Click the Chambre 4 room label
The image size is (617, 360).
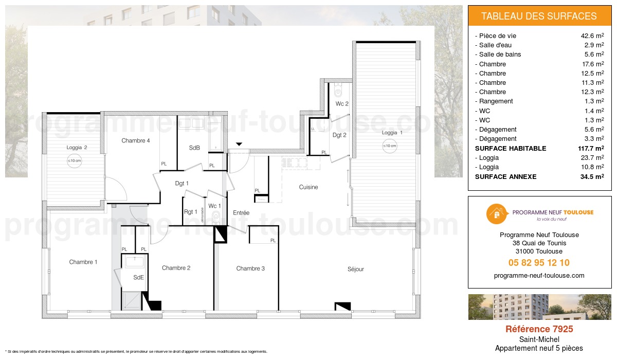tap(136, 140)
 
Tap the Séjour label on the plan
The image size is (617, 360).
tap(355, 269)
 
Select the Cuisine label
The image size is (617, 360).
tap(308, 187)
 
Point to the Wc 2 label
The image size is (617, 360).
tap(342, 104)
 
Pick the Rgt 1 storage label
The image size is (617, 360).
tap(190, 211)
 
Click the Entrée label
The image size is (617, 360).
tap(241, 212)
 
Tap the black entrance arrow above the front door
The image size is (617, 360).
tap(238, 145)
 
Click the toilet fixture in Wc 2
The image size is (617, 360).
tap(338, 92)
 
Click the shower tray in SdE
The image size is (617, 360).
tap(131, 300)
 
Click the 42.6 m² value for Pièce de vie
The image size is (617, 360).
tap(592, 36)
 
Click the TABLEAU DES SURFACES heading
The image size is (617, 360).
tap(539, 16)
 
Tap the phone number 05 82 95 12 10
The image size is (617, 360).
tap(539, 263)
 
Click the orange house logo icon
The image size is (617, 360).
tap(495, 214)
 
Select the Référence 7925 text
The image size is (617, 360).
tap(539, 329)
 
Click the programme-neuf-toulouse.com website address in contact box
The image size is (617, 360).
tap(539, 276)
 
